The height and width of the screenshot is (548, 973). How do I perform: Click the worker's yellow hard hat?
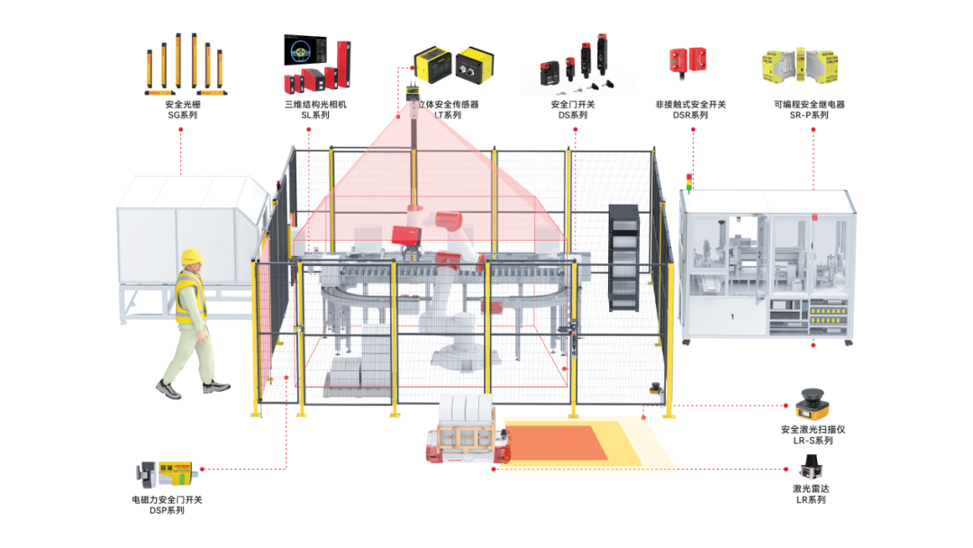191,257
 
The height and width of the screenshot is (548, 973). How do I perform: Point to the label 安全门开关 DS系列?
572,110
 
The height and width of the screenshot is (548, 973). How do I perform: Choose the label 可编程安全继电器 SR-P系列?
814,110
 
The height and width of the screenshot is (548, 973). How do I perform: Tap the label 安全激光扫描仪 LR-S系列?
813,435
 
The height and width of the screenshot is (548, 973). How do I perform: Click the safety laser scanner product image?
814,403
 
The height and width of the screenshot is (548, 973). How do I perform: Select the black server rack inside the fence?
623,258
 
